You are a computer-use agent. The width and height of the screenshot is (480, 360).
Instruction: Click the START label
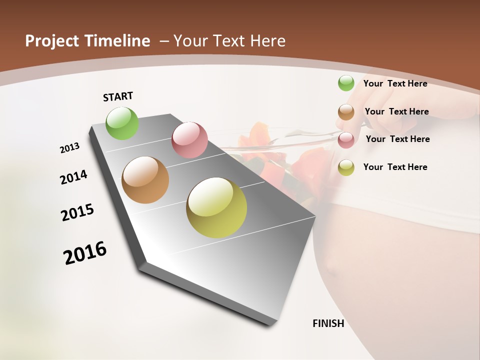[x=118, y=96]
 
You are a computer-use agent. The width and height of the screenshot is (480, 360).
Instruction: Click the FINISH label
[x=328, y=323]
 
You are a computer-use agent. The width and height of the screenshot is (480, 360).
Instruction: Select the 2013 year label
[x=69, y=148]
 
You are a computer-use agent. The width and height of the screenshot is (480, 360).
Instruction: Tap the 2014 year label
[x=73, y=177]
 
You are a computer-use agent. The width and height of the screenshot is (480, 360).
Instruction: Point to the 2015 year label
[x=77, y=212]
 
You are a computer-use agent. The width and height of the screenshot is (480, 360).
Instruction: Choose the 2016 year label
[x=85, y=252]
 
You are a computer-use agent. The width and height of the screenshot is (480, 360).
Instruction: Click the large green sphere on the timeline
[x=122, y=123]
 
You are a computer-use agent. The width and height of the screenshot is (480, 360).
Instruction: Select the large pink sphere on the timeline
[x=189, y=140]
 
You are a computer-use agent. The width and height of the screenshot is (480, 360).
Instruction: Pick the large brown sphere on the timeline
[x=145, y=180]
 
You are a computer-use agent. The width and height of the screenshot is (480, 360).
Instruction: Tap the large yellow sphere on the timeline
[x=216, y=207]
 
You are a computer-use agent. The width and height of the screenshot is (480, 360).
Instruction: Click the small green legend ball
[x=346, y=83]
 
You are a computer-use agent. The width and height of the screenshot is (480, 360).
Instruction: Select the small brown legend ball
[x=346, y=112]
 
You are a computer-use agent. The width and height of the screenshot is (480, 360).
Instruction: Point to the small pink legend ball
[x=346, y=140]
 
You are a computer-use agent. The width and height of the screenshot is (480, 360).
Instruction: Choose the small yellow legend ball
[x=346, y=167]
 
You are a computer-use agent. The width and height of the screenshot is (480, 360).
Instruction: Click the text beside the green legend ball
[x=395, y=83]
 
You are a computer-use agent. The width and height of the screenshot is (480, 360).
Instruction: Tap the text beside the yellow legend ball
[x=395, y=167]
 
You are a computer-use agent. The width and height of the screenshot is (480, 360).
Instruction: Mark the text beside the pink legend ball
[x=397, y=139]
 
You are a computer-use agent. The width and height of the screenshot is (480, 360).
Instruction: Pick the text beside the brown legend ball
[x=396, y=111]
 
